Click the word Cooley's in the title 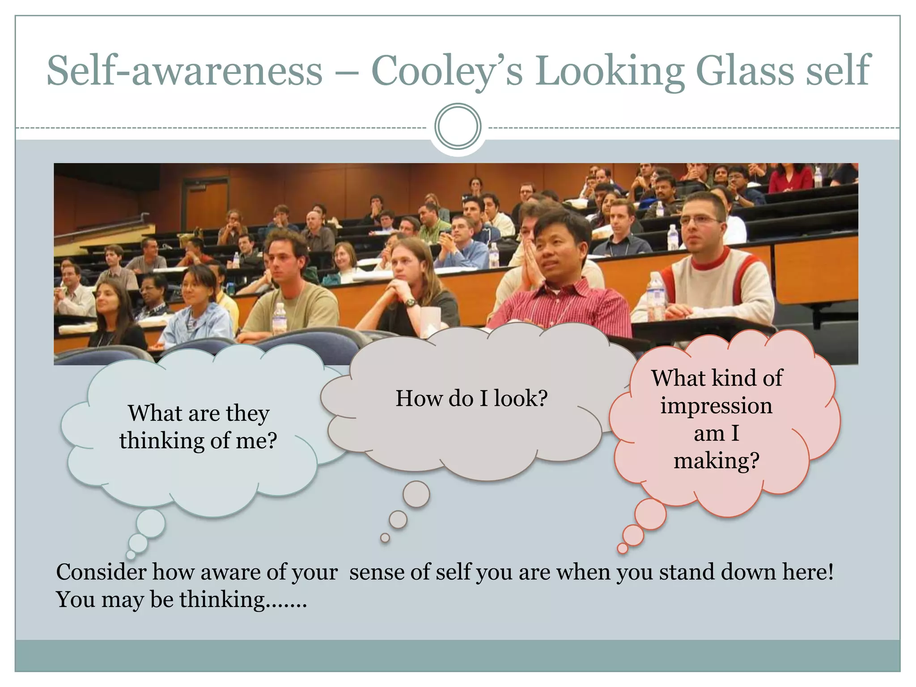[x=446, y=72]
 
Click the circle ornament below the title [x=458, y=127]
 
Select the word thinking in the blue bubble [x=161, y=441]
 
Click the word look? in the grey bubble [x=521, y=398]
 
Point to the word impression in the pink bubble [x=716, y=406]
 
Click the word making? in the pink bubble [x=717, y=461]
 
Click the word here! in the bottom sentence [x=808, y=572]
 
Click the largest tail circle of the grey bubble [x=416, y=494]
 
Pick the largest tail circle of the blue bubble [x=151, y=523]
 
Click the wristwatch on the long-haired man [x=411, y=302]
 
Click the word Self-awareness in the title [x=184, y=72]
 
